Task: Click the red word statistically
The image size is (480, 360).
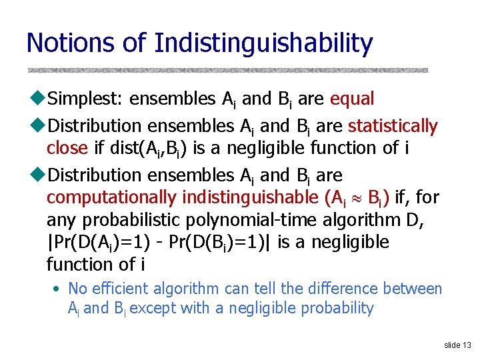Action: point(393,126)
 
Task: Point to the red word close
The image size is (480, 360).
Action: point(67,147)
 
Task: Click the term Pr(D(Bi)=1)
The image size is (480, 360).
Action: point(217,242)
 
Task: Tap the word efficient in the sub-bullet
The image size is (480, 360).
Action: point(125,289)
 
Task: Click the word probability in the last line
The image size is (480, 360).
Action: point(337,308)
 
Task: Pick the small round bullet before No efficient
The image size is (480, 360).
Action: point(59,289)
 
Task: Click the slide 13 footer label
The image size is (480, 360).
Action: point(457,345)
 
